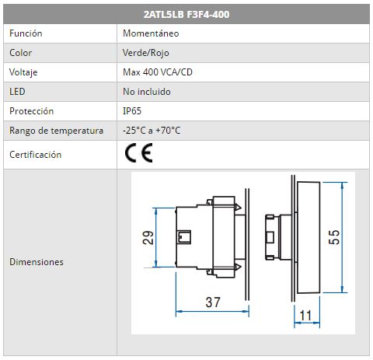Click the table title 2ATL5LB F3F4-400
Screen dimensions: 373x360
(186, 14)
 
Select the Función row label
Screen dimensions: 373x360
(26, 33)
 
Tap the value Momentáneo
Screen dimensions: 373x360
(151, 33)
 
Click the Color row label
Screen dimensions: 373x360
(21, 53)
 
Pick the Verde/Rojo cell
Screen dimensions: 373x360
(146, 53)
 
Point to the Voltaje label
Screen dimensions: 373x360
(23, 72)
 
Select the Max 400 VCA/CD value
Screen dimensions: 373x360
(158, 72)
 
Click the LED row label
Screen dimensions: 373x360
(17, 92)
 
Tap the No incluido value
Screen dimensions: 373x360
(147, 92)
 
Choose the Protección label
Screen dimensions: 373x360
(32, 111)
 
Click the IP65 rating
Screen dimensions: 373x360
(132, 111)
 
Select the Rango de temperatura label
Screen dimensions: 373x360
(56, 131)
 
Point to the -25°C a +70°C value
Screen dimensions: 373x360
(152, 131)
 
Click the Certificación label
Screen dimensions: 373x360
(36, 155)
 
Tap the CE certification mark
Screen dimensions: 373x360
(138, 153)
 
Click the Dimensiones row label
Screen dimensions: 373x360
(37, 262)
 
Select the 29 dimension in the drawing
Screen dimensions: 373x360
(148, 237)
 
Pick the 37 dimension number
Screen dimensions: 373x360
(213, 302)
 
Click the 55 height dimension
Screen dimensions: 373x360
(334, 237)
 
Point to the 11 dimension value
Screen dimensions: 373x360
(305, 316)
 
